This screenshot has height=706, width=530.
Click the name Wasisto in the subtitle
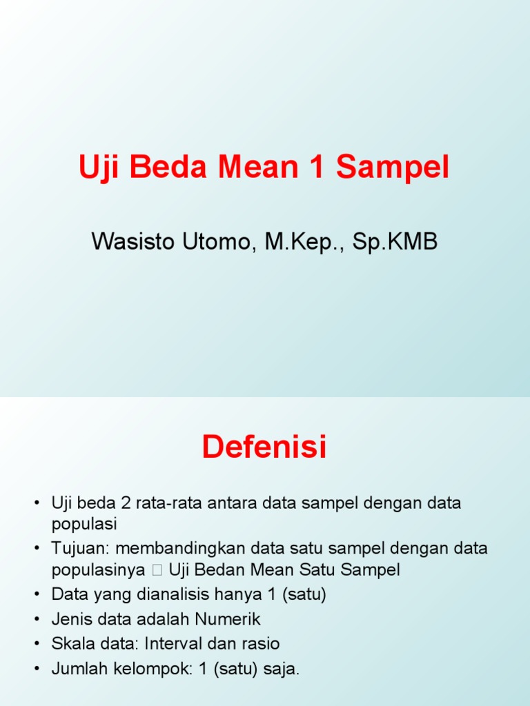coord(134,242)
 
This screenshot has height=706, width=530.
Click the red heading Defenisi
coord(264,447)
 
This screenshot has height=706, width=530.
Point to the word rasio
coord(260,644)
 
